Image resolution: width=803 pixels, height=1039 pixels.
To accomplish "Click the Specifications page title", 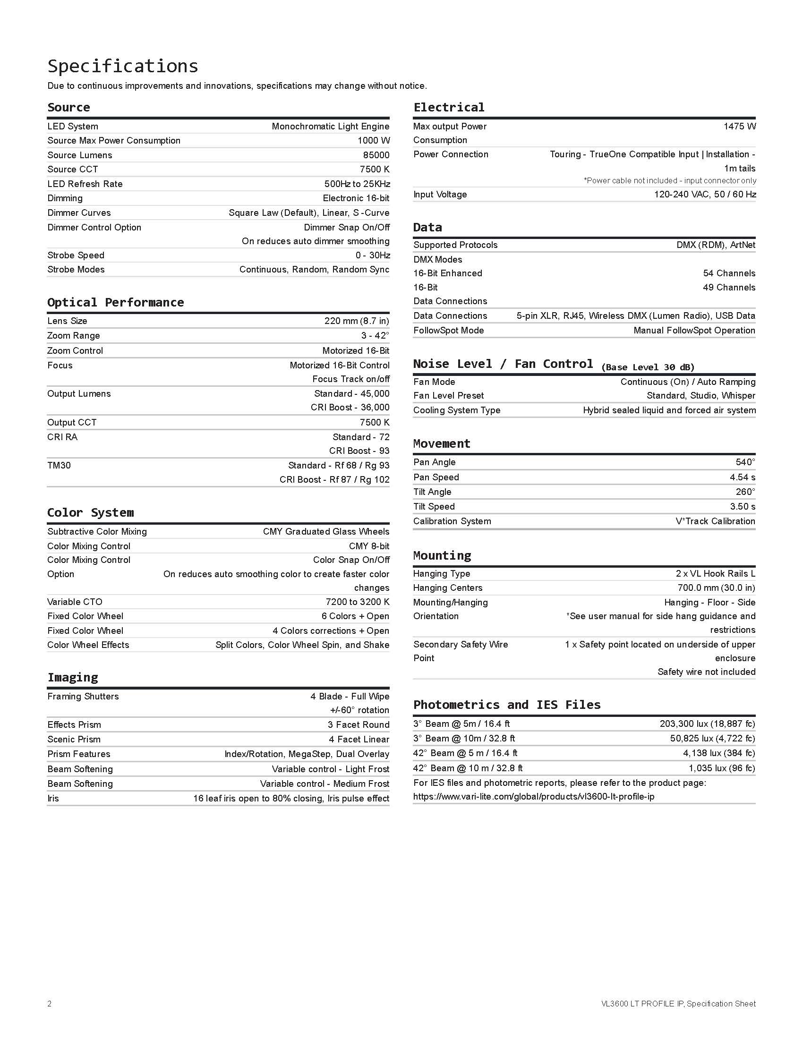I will (x=123, y=66).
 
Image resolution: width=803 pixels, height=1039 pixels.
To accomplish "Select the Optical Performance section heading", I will (x=116, y=303).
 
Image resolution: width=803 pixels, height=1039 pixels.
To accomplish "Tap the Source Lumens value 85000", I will (x=376, y=155).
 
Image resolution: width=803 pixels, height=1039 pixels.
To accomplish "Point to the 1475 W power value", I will (x=739, y=126).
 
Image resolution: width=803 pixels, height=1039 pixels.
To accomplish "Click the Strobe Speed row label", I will (x=76, y=255).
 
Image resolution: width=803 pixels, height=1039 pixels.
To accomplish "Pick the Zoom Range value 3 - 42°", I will (x=375, y=335).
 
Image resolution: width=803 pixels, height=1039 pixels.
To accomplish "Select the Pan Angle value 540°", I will (x=745, y=462).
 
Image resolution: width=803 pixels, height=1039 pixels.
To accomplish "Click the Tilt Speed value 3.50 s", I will (x=743, y=507).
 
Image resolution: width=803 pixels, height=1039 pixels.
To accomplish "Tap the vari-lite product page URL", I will (x=533, y=797).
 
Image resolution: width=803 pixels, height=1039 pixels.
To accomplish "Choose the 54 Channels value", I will (x=729, y=273).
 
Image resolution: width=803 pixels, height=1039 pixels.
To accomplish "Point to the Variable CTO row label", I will (x=75, y=602).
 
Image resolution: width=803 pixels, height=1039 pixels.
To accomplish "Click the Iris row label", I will (x=53, y=798).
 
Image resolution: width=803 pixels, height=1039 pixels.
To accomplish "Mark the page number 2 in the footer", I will (x=50, y=1004).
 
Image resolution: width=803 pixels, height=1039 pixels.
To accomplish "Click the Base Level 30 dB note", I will (x=648, y=367).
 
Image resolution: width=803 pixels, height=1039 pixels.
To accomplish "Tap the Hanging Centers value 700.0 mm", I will (x=717, y=588).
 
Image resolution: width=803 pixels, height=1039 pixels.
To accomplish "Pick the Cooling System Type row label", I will (x=457, y=410).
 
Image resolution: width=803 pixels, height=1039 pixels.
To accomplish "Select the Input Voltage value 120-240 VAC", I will (x=705, y=194).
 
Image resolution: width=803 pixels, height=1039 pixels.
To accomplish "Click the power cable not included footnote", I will (x=670, y=181).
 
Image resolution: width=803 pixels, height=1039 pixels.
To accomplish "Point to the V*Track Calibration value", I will (x=715, y=521).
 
